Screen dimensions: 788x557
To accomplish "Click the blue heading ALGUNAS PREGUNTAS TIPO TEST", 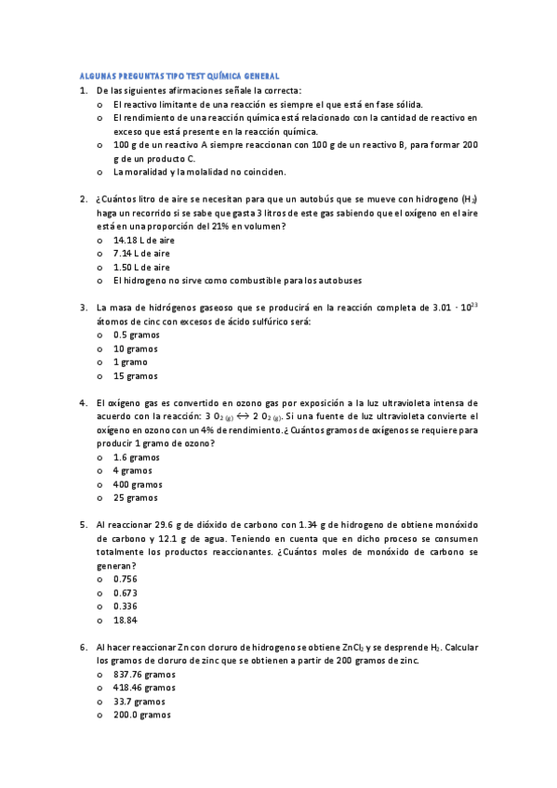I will coord(177,75).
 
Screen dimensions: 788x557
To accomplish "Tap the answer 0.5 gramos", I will coord(136,335).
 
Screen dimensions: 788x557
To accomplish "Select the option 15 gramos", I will coord(136,375).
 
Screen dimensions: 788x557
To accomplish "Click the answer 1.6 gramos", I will coord(136,457).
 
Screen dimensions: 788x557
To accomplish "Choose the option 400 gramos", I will coord(138,484).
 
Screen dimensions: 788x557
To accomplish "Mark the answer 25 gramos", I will coord(136,498).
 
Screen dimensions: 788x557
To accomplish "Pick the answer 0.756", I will coord(126,579).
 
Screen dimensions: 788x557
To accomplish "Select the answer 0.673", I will coord(126,593).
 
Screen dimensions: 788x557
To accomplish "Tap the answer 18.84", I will coord(126,620).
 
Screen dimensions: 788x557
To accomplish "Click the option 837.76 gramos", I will coord(144,675).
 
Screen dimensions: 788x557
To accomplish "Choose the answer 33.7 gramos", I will coord(139,702).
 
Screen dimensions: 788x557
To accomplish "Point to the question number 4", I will coord(84,402).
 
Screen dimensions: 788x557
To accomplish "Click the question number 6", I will coord(84,647).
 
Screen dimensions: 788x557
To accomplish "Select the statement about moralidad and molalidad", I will coord(199,172).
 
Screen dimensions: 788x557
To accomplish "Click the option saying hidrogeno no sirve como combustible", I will coord(237,281).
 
